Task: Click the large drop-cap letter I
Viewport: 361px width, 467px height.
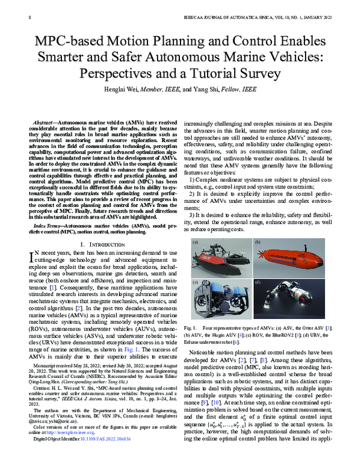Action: coord(33,242)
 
